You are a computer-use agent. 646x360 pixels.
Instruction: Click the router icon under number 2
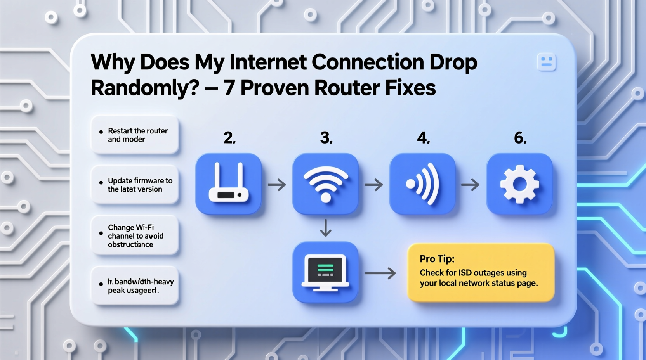(x=228, y=183)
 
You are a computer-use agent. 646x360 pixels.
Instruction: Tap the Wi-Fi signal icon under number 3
(x=325, y=183)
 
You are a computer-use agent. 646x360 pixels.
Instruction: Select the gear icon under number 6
(x=519, y=183)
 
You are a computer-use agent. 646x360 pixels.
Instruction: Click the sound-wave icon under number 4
(x=422, y=183)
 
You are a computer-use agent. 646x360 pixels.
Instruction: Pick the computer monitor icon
(x=325, y=272)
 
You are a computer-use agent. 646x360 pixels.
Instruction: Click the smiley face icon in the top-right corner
(x=546, y=62)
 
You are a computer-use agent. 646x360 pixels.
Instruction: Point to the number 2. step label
(x=229, y=138)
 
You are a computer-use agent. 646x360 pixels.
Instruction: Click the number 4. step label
(x=423, y=138)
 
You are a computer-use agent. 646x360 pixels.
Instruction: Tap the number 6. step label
(x=520, y=138)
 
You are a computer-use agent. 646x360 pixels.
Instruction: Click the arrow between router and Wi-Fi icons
(x=277, y=185)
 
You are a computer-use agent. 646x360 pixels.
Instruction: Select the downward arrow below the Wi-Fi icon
(x=325, y=228)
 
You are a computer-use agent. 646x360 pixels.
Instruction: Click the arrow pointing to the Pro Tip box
(x=380, y=273)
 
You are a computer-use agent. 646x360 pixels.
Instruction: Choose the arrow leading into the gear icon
(x=470, y=185)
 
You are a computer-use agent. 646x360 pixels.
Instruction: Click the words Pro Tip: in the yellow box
(x=437, y=259)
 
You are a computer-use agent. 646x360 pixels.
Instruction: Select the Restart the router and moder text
(x=137, y=135)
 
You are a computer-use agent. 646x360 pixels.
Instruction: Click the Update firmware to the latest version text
(x=140, y=185)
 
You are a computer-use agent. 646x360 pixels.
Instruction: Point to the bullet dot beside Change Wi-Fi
(x=101, y=234)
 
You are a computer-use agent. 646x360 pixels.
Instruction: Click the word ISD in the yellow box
(x=465, y=273)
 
